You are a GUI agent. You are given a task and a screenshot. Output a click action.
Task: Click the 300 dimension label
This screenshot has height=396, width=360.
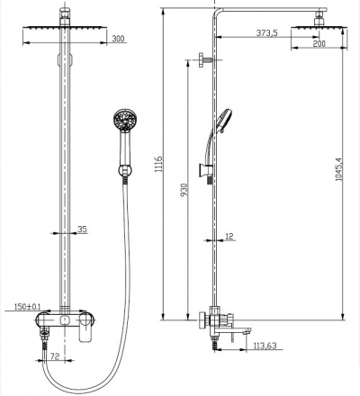pos(118,39)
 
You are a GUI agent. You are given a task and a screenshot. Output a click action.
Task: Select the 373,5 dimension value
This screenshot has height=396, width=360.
pos(266,32)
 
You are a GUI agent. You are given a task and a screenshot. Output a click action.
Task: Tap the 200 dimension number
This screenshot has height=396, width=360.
pos(319,44)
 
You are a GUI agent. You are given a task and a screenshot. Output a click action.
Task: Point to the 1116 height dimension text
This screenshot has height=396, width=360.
pos(158,164)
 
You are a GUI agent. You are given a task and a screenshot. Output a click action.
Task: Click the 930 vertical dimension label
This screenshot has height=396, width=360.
pos(184,190)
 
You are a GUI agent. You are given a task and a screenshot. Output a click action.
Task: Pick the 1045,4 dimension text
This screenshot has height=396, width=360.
pos(339,169)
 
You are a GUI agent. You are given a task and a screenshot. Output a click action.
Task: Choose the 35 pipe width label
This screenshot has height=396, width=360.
pos(82,229)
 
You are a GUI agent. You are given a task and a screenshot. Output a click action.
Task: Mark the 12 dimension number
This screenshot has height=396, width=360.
pos(229,237)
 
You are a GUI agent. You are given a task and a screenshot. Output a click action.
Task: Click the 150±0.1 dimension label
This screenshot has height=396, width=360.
pos(27,307)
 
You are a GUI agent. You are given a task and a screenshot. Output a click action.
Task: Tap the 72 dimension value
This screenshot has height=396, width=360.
pos(55,356)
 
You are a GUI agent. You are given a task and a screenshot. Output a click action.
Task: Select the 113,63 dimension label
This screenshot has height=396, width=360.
pos(265,346)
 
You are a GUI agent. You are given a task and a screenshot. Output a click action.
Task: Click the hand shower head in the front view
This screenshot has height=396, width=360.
pos(125,120)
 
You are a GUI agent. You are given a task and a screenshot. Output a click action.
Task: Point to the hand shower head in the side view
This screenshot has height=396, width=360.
pos(224,121)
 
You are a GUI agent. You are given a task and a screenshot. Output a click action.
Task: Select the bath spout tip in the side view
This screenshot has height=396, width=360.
pos(248,331)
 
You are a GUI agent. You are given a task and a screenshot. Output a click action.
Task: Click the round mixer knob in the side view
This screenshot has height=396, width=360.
pos(202,321)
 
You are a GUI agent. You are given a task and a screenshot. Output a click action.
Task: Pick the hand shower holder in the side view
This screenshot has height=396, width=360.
pos(205,170)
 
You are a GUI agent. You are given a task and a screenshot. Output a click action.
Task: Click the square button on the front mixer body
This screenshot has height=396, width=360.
pos(65,320)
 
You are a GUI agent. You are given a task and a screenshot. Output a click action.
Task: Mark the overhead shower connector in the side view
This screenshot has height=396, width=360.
pos(319,19)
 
